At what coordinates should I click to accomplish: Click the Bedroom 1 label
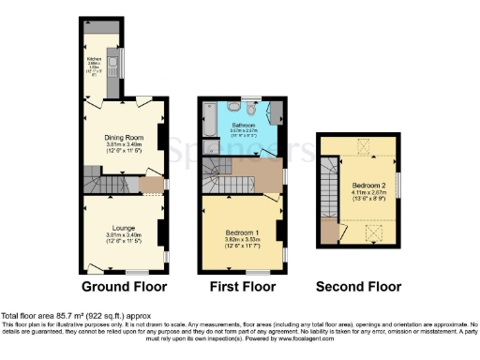(x=243, y=231)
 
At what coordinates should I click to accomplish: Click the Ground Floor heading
(x=125, y=286)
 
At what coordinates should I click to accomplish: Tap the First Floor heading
(x=241, y=286)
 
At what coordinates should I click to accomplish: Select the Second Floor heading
(x=355, y=286)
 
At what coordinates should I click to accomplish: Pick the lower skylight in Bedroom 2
(x=368, y=231)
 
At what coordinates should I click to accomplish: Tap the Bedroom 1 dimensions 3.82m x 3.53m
(x=243, y=239)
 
